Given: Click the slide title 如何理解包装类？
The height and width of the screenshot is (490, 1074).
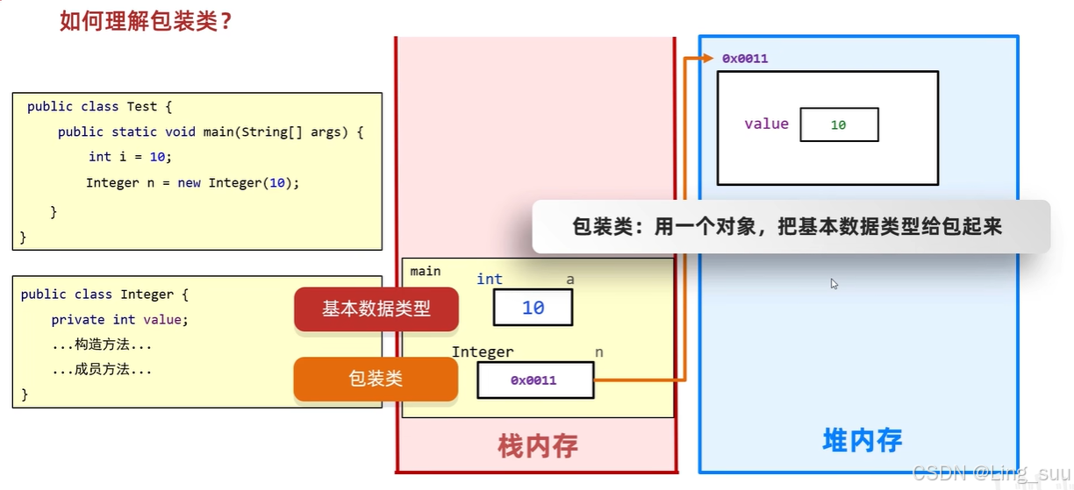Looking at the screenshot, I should [x=146, y=20].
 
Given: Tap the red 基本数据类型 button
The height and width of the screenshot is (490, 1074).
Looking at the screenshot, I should [x=376, y=309].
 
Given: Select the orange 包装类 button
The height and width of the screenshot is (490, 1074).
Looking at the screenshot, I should [x=376, y=379].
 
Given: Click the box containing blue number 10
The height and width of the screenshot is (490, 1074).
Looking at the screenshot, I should [x=533, y=308].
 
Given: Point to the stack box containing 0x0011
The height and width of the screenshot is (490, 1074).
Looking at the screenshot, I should [x=534, y=380].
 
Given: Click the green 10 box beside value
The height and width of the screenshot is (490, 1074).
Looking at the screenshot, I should [x=839, y=124].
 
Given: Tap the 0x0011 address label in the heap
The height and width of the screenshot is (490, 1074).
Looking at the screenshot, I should [x=745, y=59].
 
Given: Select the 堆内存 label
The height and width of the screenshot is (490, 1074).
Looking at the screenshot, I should [x=862, y=440].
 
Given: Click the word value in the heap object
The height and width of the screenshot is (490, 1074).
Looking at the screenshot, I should [x=766, y=124].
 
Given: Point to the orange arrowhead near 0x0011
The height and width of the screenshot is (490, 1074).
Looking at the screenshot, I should [x=708, y=59].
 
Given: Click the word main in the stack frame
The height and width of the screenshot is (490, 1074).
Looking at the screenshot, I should [x=426, y=272].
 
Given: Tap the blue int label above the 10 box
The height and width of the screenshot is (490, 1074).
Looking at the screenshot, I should [x=489, y=279].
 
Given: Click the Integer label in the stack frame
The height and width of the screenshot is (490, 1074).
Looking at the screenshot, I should [x=483, y=352].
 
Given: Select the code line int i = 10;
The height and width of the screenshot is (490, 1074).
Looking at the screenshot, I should [x=130, y=156].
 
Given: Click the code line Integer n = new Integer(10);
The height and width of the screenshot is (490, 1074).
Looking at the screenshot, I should [x=192, y=182].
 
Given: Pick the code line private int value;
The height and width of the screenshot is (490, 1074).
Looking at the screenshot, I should [x=119, y=319].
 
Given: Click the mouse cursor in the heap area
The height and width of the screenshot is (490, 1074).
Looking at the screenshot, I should [x=834, y=284].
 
